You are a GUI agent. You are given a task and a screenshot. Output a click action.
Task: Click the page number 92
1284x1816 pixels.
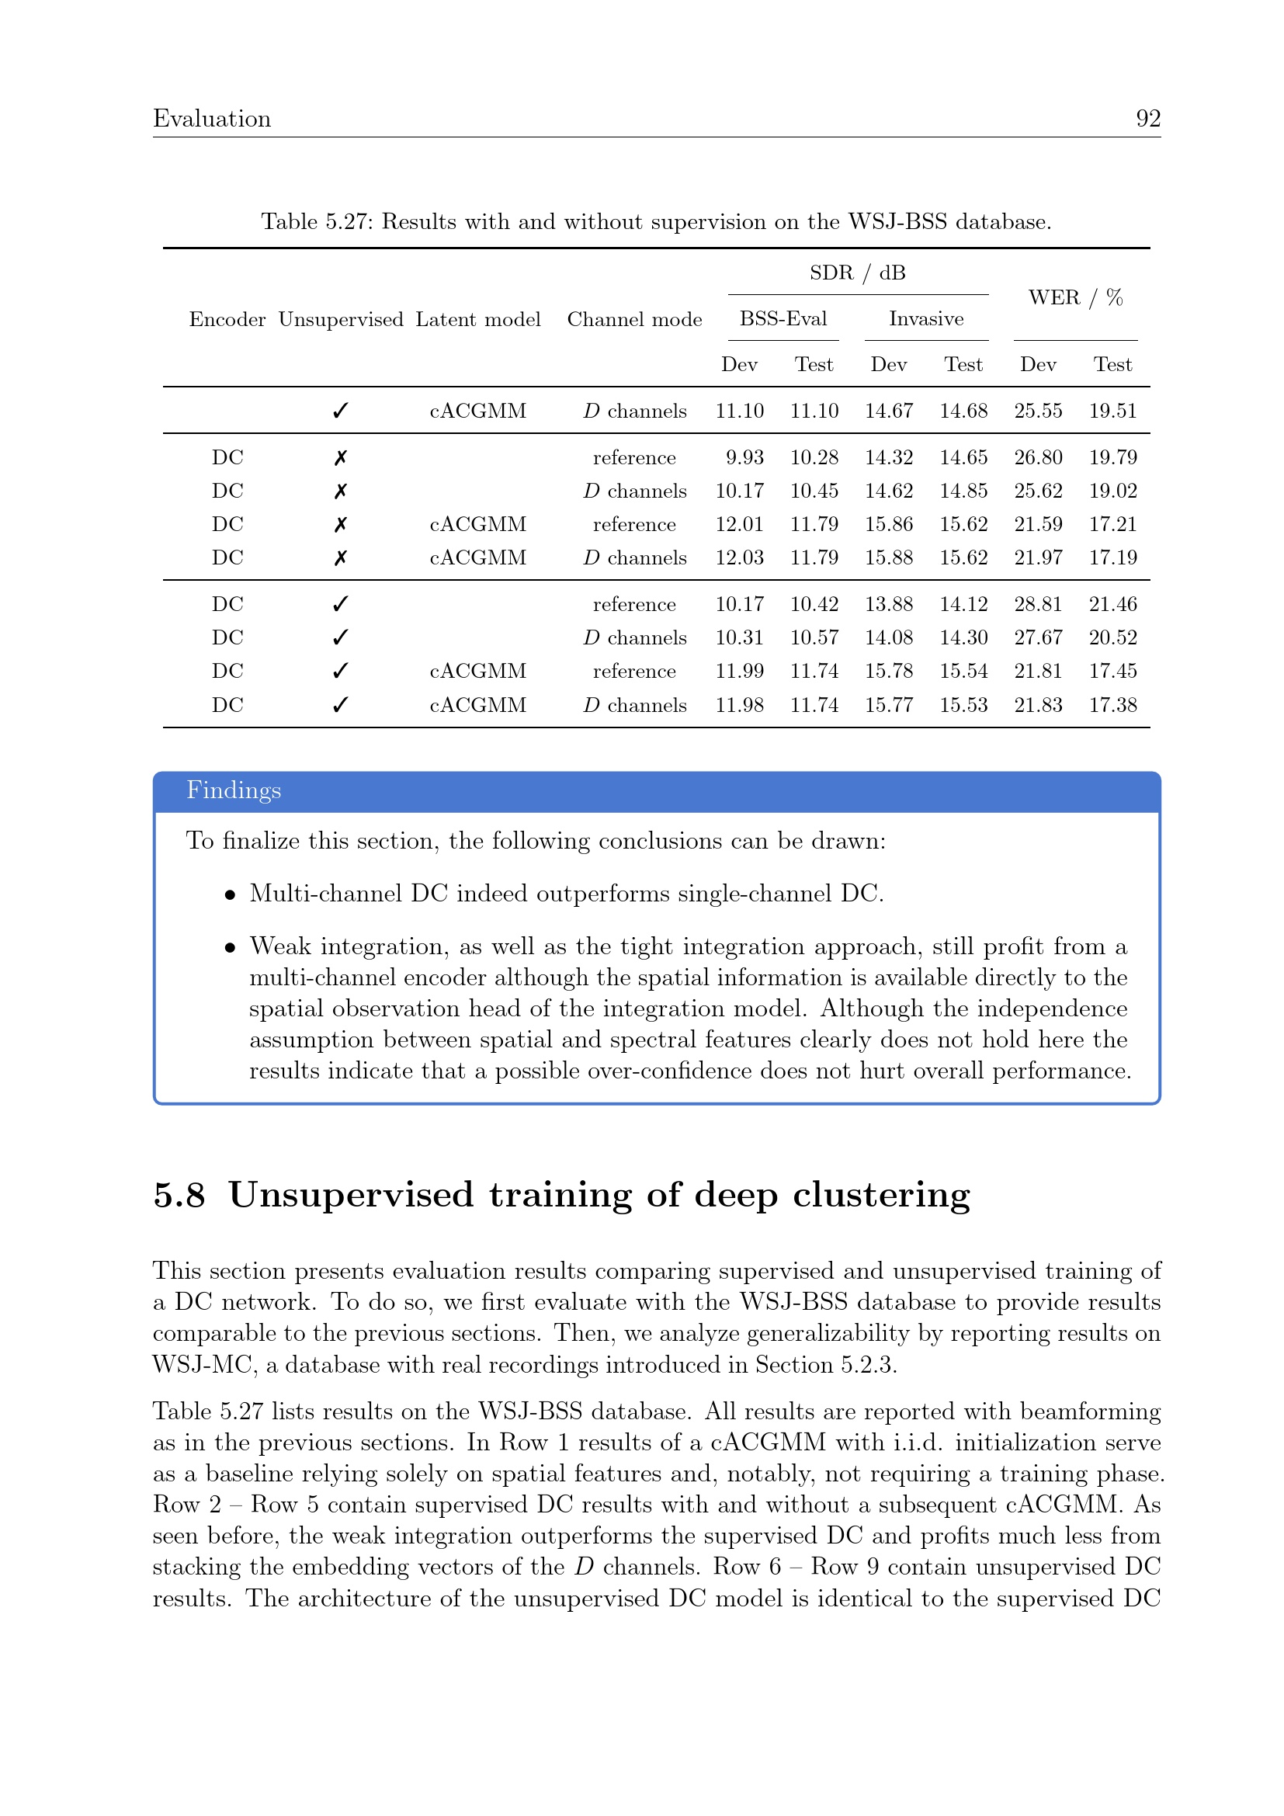tap(1148, 119)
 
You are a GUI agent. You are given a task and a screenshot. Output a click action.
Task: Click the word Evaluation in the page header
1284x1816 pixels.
tap(212, 119)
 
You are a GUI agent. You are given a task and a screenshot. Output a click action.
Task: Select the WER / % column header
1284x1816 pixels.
tap(1075, 297)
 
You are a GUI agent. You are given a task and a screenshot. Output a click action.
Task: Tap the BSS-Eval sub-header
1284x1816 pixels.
tap(783, 319)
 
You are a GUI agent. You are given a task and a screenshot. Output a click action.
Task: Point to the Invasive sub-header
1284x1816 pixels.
tap(926, 319)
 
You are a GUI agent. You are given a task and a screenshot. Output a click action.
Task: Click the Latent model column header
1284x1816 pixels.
tap(477, 320)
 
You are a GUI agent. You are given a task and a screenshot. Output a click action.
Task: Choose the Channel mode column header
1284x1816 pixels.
tap(634, 320)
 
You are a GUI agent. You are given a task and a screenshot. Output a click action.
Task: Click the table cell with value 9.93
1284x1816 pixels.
tap(744, 457)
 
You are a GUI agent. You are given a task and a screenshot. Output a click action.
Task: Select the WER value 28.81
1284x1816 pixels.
tap(1038, 604)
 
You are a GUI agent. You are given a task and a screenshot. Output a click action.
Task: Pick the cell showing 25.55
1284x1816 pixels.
tap(1038, 411)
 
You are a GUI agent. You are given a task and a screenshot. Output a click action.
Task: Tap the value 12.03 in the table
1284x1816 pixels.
tap(739, 557)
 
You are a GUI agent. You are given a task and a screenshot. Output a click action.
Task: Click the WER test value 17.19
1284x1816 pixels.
tap(1112, 557)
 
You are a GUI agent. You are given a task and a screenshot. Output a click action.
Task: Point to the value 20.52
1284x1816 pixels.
tap(1112, 637)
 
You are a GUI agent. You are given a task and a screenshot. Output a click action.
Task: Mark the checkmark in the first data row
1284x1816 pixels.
tap(340, 411)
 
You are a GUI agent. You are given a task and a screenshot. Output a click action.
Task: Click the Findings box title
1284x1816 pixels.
tap(234, 790)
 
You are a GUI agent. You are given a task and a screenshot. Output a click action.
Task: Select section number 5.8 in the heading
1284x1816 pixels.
tap(179, 1195)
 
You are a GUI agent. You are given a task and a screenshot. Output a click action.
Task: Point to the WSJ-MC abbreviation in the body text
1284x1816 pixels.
tap(202, 1365)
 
